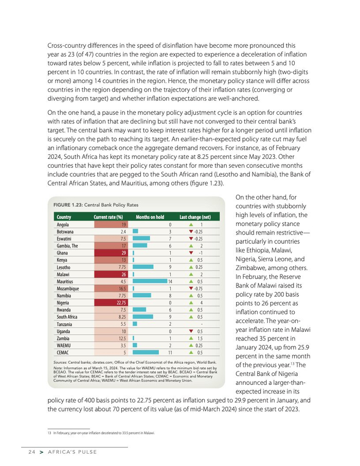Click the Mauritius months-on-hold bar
tap(149, 282)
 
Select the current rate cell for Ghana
tap(111, 253)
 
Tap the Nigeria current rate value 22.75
tap(111, 303)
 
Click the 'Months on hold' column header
tap(150, 217)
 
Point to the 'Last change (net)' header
tap(195, 217)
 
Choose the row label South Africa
tap(67, 317)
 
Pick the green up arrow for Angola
tap(191, 225)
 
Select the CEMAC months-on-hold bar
tap(146, 353)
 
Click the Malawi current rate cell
tap(111, 275)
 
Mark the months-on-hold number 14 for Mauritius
tap(169, 282)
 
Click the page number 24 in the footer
tap(31, 452)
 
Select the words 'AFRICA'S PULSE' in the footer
tap(73, 452)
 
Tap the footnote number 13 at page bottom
tap(49, 433)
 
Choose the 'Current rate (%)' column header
tap(108, 217)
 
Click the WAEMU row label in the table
tap(63, 346)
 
